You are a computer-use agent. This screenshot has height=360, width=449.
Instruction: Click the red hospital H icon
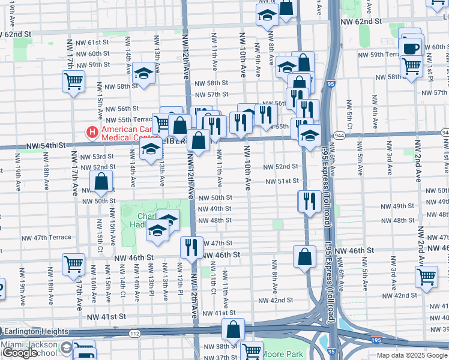[x=92, y=131]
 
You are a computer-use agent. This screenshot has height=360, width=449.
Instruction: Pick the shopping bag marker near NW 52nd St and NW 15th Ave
[x=101, y=181]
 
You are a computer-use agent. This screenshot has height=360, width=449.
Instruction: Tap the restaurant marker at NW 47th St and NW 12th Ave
[x=191, y=247]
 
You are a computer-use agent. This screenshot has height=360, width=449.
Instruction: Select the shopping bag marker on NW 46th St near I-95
[x=305, y=256]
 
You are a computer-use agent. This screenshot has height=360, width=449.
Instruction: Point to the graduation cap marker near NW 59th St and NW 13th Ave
[x=143, y=74]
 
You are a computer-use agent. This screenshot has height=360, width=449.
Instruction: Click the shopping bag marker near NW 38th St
[x=233, y=329]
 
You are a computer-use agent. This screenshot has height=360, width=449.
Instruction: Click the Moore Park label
[x=283, y=354]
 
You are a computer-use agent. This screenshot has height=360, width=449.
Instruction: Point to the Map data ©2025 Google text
[x=412, y=355]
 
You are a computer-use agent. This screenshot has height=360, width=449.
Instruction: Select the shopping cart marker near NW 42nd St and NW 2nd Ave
[x=426, y=277]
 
